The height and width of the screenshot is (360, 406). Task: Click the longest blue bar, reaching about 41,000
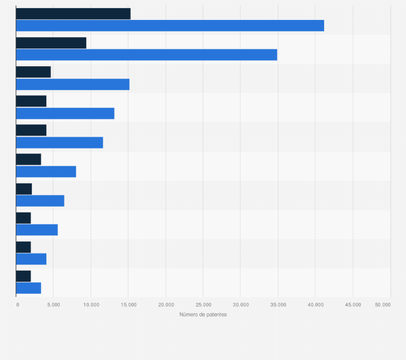(170, 25)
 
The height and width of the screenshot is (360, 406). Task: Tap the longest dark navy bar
(73, 14)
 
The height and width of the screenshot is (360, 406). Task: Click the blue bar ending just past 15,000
(73, 84)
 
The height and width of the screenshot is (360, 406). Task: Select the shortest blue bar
(29, 288)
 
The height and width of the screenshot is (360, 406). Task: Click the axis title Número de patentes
(203, 315)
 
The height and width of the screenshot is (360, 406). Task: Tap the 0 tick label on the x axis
(17, 305)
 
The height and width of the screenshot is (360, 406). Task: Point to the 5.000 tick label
(53, 305)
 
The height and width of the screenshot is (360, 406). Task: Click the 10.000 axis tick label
(90, 305)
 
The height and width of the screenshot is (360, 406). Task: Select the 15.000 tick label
(128, 305)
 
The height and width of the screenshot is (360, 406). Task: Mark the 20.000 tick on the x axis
(165, 305)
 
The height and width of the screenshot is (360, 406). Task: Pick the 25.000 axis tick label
(203, 305)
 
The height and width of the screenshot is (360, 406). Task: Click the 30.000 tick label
(240, 305)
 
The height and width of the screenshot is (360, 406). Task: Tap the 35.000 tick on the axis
(278, 305)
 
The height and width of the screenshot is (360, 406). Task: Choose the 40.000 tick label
(315, 305)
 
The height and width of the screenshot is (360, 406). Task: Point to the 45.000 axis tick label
(353, 305)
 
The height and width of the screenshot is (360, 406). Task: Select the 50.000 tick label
(383, 305)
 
